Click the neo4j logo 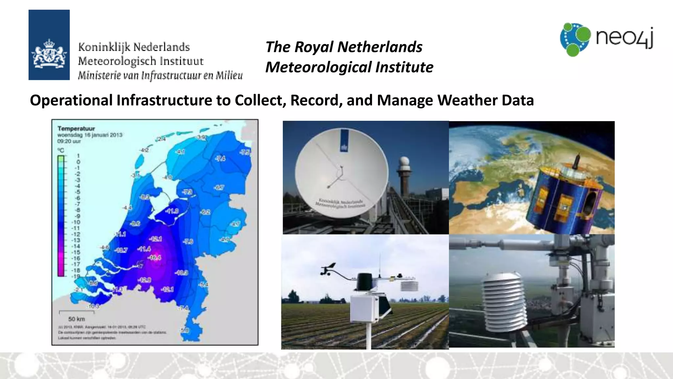pyautogui.click(x=606, y=39)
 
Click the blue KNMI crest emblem pyautogui.click(x=49, y=45)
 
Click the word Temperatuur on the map pyautogui.click(x=76, y=128)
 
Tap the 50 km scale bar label pyautogui.click(x=76, y=319)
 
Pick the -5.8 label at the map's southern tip pyautogui.click(x=185, y=330)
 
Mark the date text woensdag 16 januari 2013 pyautogui.click(x=90, y=135)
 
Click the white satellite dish pyautogui.click(x=341, y=173)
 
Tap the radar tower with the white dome pyautogui.click(x=404, y=174)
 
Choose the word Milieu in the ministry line pyautogui.click(x=229, y=76)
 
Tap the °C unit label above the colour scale pyautogui.click(x=61, y=150)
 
